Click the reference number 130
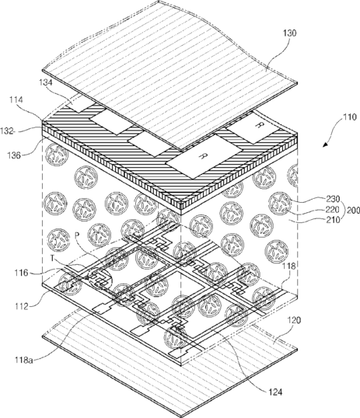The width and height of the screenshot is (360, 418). (x=289, y=33)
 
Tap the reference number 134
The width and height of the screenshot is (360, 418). (x=45, y=82)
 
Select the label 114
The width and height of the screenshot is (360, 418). (x=16, y=99)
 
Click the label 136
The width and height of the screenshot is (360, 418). (x=14, y=155)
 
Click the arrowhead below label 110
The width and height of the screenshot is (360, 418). (x=325, y=145)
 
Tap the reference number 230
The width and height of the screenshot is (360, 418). (x=333, y=199)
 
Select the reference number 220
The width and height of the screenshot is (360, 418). (x=333, y=210)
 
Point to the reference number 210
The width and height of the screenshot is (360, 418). (x=333, y=220)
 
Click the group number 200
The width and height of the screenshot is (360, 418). (x=353, y=211)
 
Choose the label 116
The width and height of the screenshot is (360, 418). (x=21, y=273)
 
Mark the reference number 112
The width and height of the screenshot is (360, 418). (x=21, y=306)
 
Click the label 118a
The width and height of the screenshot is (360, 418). (x=24, y=361)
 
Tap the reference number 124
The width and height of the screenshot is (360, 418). (x=275, y=392)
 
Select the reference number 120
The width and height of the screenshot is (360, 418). (x=294, y=320)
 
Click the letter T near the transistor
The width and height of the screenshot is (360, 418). (x=53, y=258)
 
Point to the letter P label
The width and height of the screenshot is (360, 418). (x=77, y=235)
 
